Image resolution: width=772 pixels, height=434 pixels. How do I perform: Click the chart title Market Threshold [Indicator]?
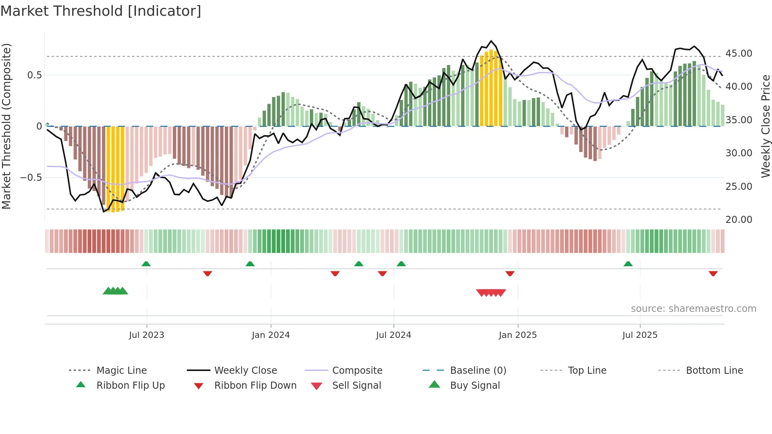click(101, 11)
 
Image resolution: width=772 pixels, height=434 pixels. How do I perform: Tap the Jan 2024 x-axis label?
click(271, 335)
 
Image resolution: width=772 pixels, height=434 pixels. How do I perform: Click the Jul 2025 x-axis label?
click(640, 335)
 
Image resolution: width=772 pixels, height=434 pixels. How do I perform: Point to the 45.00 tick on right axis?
click(739, 54)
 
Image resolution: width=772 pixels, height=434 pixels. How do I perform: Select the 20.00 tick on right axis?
click(739, 220)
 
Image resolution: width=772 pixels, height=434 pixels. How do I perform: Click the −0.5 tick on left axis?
click(31, 178)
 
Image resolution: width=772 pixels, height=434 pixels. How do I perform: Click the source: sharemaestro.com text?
click(693, 309)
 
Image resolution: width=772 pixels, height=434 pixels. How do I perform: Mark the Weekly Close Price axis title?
click(765, 126)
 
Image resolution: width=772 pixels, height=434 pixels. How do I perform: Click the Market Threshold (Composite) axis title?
click(6, 126)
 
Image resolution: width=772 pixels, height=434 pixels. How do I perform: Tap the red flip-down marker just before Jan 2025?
click(510, 273)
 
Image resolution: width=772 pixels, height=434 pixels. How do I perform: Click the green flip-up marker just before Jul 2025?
click(628, 264)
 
